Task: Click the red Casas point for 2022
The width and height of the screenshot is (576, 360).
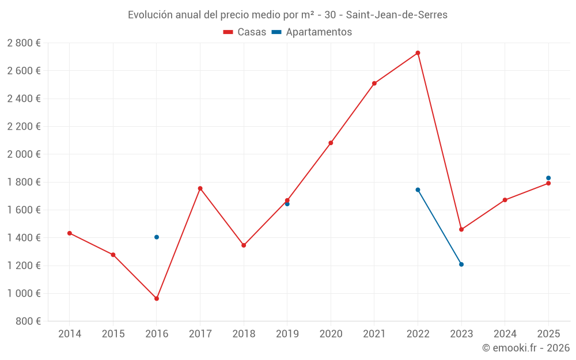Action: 418,53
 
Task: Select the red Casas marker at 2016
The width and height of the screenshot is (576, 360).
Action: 157,298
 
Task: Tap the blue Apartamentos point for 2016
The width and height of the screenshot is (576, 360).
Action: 157,237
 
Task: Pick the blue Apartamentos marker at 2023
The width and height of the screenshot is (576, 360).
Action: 461,264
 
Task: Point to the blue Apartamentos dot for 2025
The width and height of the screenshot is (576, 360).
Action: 548,178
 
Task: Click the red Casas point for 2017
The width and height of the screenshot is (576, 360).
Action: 200,188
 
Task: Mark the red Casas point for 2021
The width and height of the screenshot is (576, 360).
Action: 374,84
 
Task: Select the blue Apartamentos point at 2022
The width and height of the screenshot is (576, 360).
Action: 418,190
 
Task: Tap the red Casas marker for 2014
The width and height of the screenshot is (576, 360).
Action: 70,233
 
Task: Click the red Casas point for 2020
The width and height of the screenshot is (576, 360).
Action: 331,143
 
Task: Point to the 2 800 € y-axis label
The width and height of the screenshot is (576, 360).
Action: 24,43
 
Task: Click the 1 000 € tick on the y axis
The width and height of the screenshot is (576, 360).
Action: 24,293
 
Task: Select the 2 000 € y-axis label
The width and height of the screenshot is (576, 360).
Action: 24,154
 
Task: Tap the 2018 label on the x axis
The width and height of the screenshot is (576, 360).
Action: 244,334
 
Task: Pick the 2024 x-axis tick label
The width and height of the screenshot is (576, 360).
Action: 505,334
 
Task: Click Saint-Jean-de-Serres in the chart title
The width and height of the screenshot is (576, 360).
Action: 396,15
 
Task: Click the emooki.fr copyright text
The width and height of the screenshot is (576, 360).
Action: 526,348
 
